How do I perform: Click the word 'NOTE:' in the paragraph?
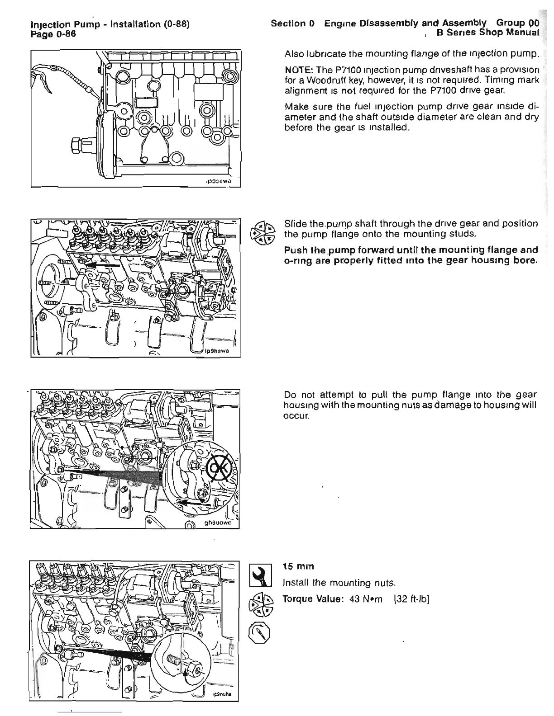point(297,70)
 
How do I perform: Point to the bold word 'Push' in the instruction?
point(294,250)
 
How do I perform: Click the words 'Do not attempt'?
point(312,395)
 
